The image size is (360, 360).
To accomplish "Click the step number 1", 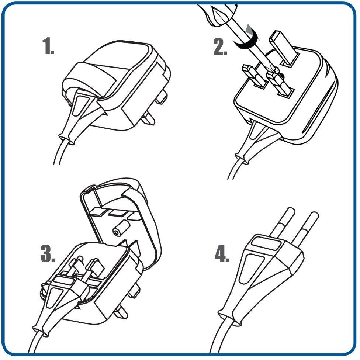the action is [48, 46].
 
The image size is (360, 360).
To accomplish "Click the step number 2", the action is [220, 47].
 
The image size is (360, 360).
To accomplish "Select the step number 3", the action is [48, 253].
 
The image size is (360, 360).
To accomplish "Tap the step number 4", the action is [222, 253].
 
